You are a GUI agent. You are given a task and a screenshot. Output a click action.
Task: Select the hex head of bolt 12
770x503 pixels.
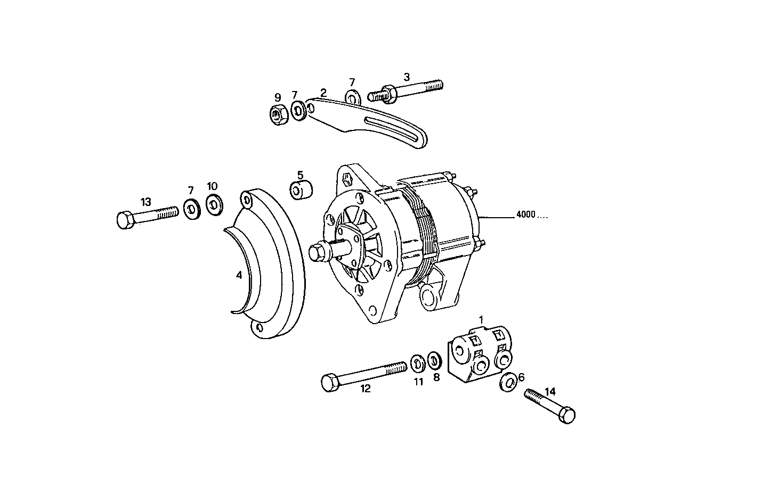click(330, 383)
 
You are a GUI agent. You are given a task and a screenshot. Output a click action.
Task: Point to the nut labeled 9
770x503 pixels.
click(279, 113)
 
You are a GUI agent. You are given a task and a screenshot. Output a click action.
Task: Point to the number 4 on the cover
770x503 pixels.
click(239, 275)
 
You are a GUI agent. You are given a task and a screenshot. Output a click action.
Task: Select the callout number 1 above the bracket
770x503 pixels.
click(481, 319)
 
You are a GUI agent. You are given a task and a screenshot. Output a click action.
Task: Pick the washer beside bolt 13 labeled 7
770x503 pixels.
click(191, 209)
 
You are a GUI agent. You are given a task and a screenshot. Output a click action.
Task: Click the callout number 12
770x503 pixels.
click(366, 389)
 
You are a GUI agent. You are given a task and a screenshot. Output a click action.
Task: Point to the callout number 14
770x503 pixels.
click(550, 391)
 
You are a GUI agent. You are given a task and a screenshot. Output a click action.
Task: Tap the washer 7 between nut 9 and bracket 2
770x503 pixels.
click(298, 110)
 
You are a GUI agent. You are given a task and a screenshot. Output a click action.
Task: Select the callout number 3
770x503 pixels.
click(407, 77)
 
